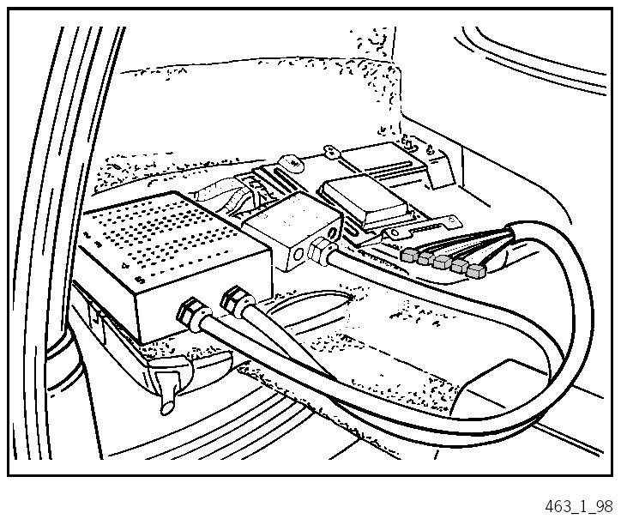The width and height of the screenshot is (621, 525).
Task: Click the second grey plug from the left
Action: tap(426, 258)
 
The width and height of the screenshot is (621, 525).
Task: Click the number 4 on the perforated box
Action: tap(126, 266)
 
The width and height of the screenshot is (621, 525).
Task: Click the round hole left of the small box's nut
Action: tap(297, 256)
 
